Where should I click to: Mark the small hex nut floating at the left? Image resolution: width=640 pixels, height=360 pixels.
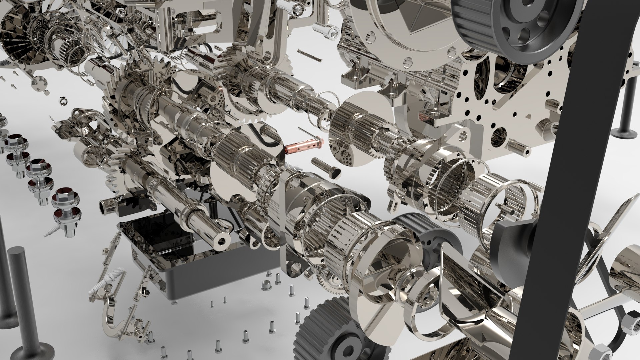tap(63, 100)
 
